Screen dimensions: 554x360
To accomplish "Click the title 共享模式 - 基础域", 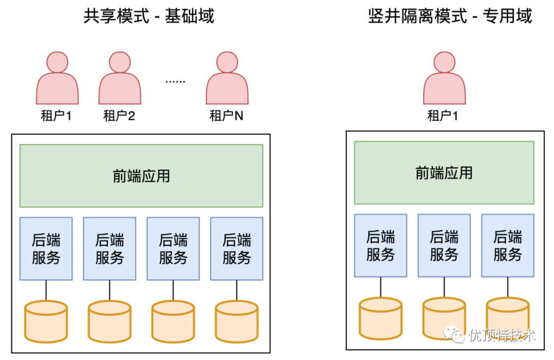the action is point(149,16).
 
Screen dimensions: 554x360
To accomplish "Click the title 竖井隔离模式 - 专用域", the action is point(450,16).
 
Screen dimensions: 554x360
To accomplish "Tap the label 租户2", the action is point(119,115).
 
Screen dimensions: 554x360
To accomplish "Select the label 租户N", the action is point(227,115).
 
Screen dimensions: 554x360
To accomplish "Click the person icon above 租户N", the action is point(227,78).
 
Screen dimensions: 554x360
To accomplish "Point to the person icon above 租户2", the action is point(120,78).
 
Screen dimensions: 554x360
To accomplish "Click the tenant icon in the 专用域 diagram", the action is point(444,78).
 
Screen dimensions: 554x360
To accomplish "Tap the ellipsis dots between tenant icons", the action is point(175,82).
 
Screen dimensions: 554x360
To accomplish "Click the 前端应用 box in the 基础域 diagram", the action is point(142,175).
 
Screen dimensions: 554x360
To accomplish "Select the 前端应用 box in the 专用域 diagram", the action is point(444,173).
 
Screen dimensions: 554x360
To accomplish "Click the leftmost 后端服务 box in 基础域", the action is point(46,249).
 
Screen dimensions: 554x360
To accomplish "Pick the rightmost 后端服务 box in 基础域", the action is point(236,249).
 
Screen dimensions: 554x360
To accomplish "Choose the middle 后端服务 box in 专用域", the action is point(444,246).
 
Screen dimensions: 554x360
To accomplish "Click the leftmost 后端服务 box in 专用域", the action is point(381,246).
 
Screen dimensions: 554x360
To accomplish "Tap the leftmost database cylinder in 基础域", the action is point(46,322).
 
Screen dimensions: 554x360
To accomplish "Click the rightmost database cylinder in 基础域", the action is point(236,322).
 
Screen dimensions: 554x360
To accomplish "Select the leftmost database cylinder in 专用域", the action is point(381,318).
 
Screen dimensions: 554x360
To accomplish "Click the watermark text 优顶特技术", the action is point(502,335).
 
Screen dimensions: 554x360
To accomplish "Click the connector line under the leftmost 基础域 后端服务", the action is point(46,290).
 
